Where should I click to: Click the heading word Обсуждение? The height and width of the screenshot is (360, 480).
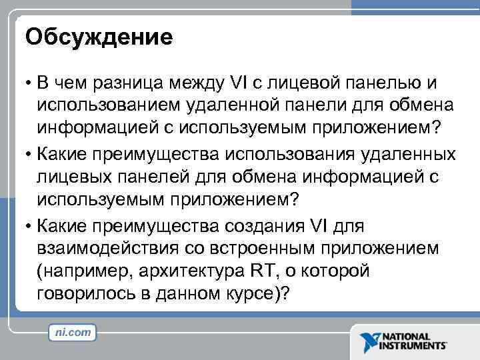(99, 37)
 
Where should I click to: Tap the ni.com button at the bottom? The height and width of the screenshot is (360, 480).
(73, 331)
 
